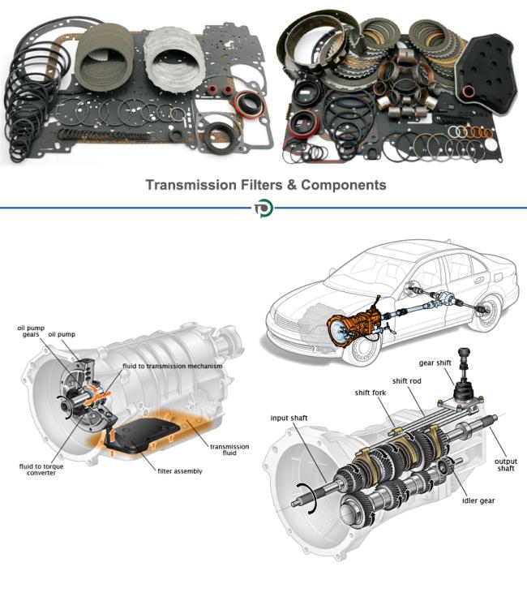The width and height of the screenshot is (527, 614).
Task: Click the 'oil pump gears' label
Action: click(29, 332)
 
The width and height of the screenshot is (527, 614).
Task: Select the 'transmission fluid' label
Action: click(229, 449)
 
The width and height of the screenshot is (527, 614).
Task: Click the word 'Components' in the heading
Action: click(343, 185)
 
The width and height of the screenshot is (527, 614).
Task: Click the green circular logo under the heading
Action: click(263, 208)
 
